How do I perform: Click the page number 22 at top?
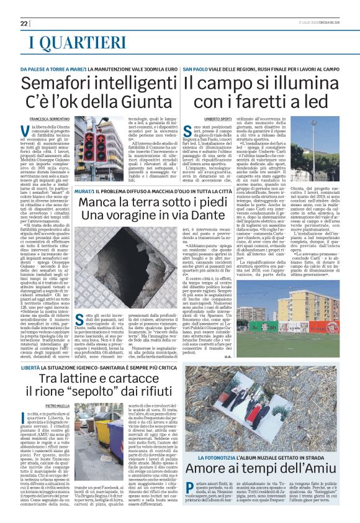24,23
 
